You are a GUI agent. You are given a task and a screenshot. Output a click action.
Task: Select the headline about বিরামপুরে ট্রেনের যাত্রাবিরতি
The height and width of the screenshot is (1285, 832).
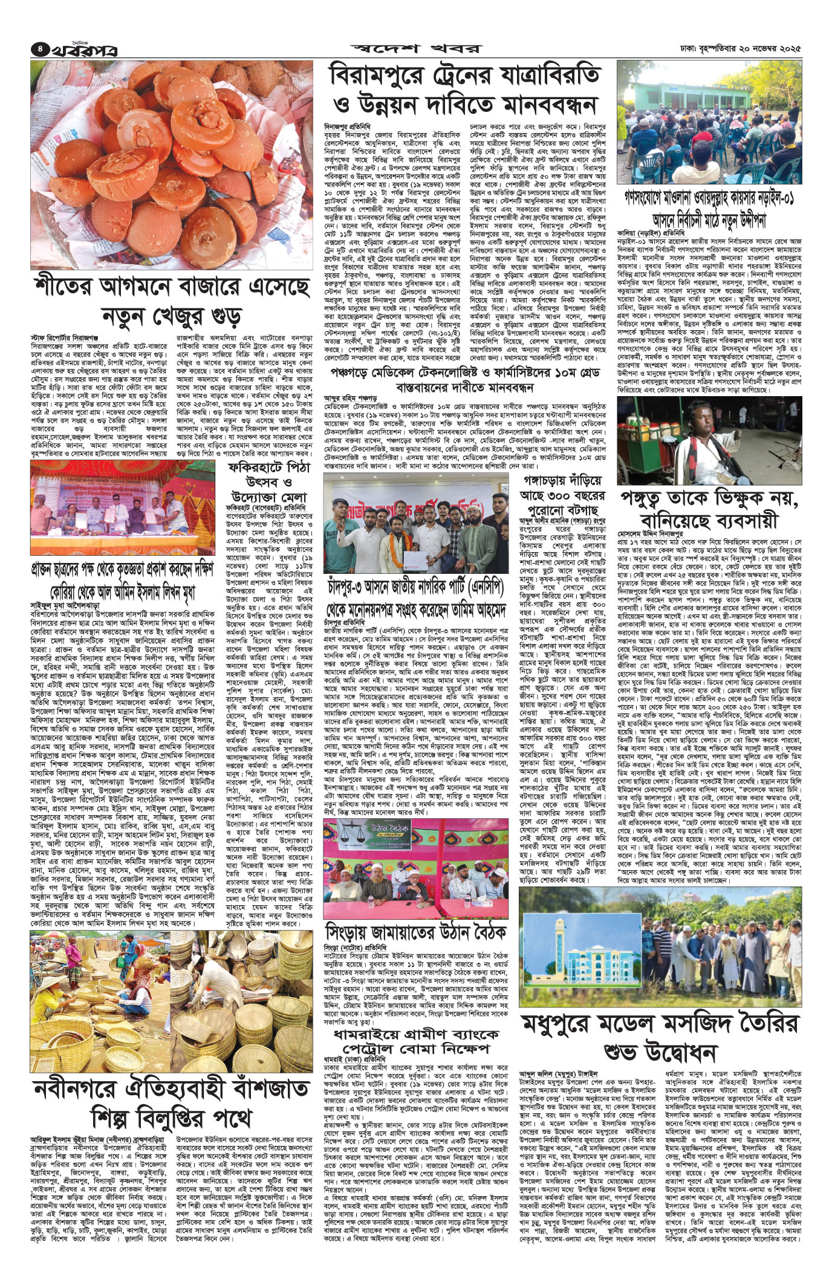coord(464,91)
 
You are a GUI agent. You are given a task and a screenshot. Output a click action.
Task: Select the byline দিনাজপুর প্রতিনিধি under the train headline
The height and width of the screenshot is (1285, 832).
coord(346,125)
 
